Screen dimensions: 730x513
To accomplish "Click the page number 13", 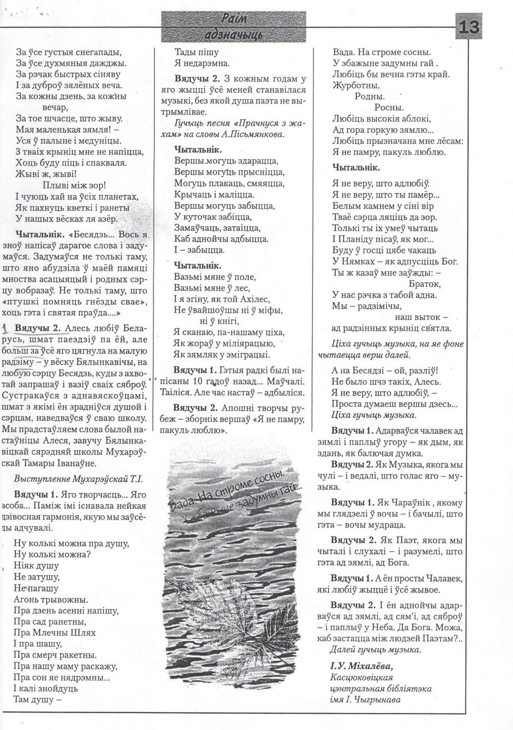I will pos(469,27).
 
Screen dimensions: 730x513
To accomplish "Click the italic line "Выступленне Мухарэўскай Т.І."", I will pos(78,479).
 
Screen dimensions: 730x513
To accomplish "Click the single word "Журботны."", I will pos(356,85).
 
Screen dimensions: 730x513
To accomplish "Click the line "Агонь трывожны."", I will pos(52,599).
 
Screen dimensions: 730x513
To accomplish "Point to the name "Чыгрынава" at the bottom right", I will pos(379,699).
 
